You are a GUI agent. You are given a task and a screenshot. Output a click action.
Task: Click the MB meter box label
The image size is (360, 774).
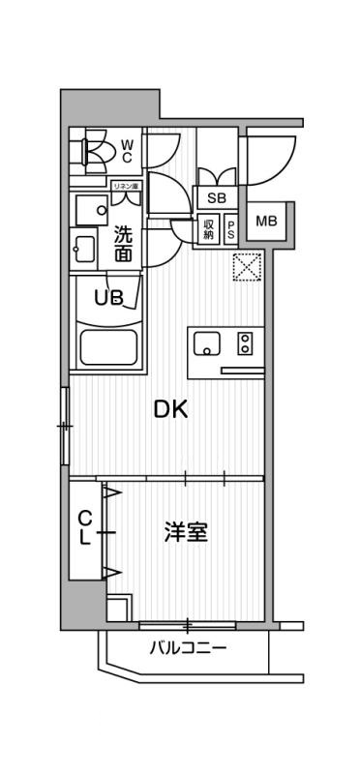click(265, 222)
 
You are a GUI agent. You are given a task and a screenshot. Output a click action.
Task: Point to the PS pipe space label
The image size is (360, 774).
click(232, 229)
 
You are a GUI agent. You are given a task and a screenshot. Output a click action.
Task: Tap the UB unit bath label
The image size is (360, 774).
click(107, 297)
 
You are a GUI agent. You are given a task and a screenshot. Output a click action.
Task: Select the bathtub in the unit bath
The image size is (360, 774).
click(107, 346)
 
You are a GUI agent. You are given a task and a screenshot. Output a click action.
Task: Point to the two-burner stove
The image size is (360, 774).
click(244, 342)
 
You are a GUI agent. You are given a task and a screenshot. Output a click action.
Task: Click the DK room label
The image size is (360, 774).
click(170, 408)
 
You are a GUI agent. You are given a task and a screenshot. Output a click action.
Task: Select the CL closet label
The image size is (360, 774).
click(85, 528)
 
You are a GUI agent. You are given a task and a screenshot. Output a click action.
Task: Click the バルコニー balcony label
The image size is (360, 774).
click(188, 648)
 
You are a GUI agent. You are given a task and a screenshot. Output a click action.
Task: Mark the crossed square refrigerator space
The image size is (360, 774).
click(248, 266)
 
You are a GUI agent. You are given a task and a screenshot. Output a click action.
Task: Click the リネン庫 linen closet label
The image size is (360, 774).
click(126, 185)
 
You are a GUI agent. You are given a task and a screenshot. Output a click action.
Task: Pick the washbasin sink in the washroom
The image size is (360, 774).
click(84, 249)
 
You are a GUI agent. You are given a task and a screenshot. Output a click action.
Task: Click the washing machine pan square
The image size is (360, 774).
click(93, 208)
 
